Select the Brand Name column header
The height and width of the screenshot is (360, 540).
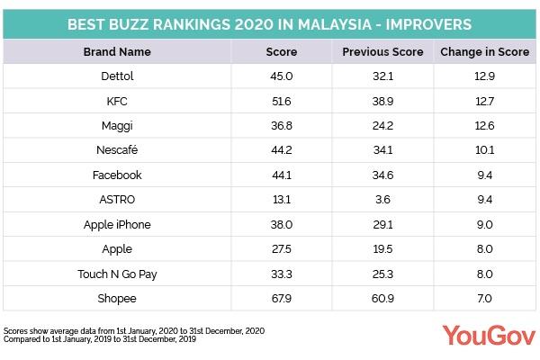(117, 52)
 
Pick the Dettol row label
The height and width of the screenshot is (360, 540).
(117, 77)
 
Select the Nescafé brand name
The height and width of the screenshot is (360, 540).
(117, 150)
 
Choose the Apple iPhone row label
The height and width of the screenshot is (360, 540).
(117, 223)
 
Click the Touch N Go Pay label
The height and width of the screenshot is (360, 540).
(117, 272)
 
